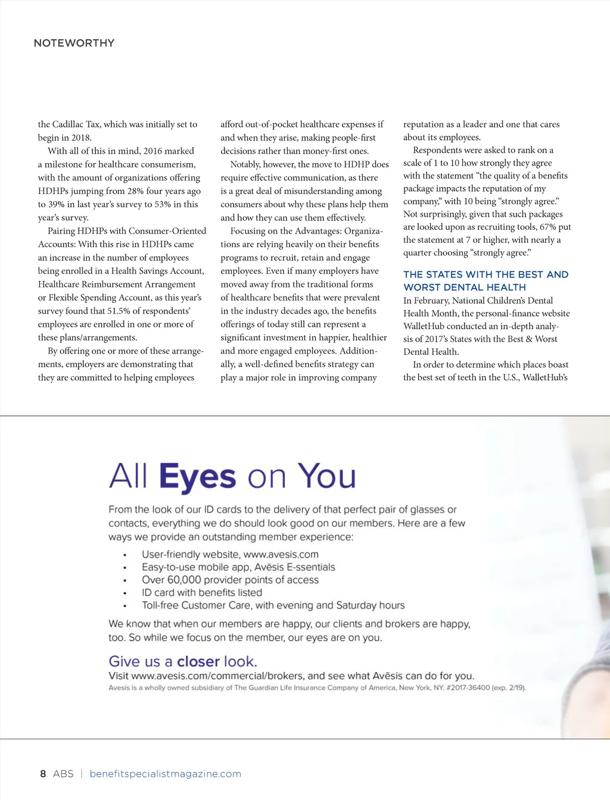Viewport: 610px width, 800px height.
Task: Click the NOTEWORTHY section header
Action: [x=74, y=43]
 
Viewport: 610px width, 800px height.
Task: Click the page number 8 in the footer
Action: [x=43, y=774]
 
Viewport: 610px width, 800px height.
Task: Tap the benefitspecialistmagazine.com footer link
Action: [x=165, y=774]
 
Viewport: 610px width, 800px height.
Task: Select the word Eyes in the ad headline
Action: [x=197, y=477]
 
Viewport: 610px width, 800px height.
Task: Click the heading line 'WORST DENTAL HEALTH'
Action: [x=464, y=287]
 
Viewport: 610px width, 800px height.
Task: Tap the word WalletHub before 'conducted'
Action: [x=424, y=326]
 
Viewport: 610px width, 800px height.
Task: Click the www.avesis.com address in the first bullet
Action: [x=281, y=554]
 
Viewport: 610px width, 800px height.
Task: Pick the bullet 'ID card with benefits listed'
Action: [x=201, y=592]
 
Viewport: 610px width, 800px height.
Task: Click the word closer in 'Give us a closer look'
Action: [x=198, y=661]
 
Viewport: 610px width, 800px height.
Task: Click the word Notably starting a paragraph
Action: [x=245, y=164]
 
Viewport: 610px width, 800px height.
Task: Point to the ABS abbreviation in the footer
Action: [x=63, y=774]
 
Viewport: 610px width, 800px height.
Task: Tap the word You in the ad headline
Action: [x=327, y=477]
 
